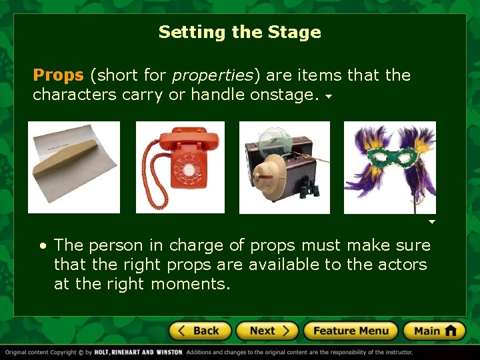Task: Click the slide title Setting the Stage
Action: pyautogui.click(x=239, y=32)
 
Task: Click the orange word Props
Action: pyautogui.click(x=58, y=75)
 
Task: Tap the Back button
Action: pyautogui.click(x=200, y=331)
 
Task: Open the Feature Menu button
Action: pyautogui.click(x=351, y=331)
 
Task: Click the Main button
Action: pyautogui.click(x=434, y=331)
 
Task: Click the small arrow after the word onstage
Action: pyautogui.click(x=328, y=96)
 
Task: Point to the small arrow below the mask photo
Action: pyautogui.click(x=431, y=221)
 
